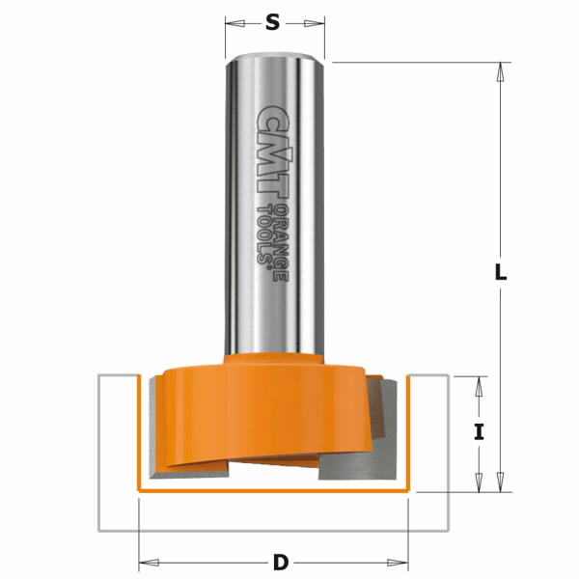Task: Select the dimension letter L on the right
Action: point(500,272)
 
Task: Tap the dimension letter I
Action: point(479,432)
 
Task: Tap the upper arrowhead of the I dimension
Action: point(479,383)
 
